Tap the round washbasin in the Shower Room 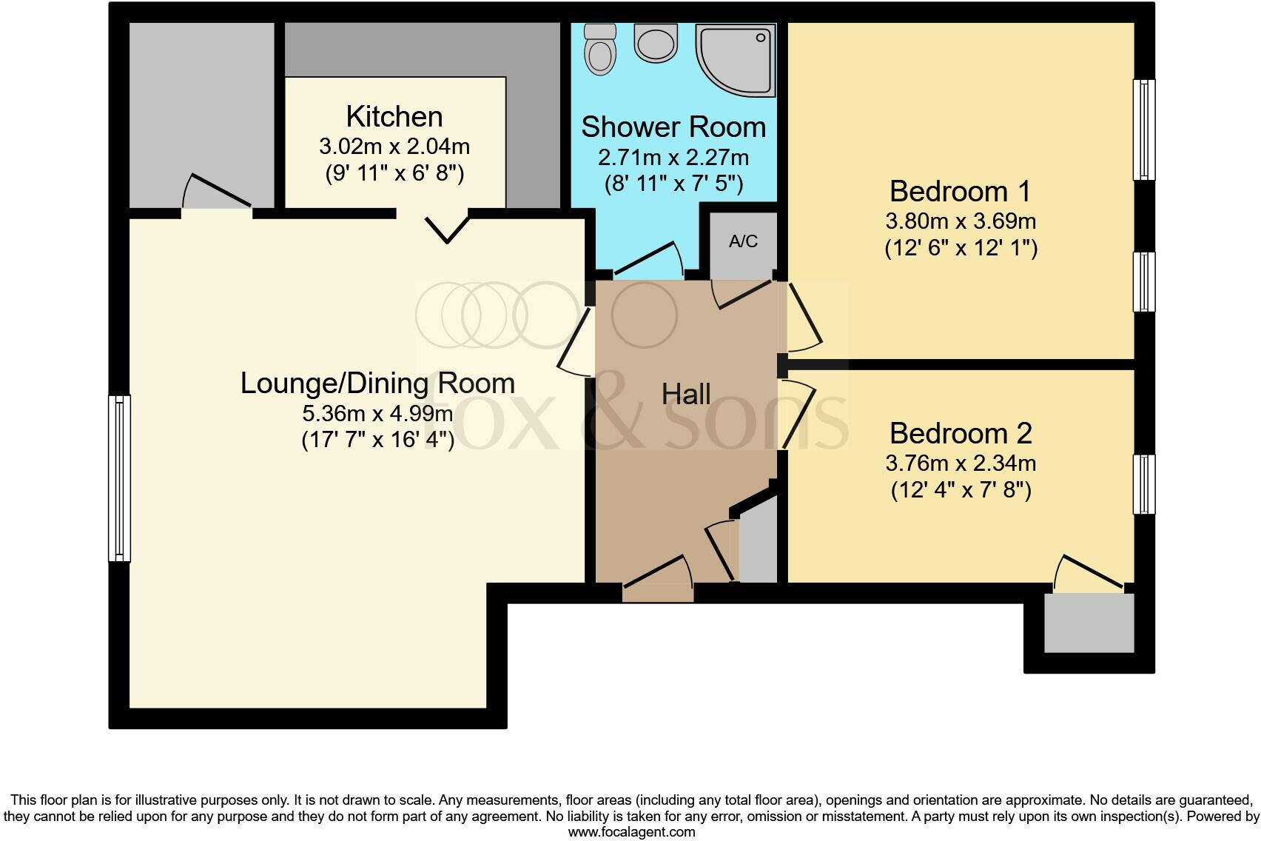(656, 43)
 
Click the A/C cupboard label (743, 241)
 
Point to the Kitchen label (394, 117)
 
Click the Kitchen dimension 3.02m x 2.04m (394, 147)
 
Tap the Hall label (686, 395)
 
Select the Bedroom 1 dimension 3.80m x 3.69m (961, 221)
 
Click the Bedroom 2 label (961, 433)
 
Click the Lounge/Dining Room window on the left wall (119, 478)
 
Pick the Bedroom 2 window (1144, 484)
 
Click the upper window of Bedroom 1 (1144, 130)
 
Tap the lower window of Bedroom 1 (1144, 281)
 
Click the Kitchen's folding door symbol (448, 229)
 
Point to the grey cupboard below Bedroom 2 (1089, 623)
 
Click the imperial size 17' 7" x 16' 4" (377, 440)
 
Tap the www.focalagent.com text (631, 832)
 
